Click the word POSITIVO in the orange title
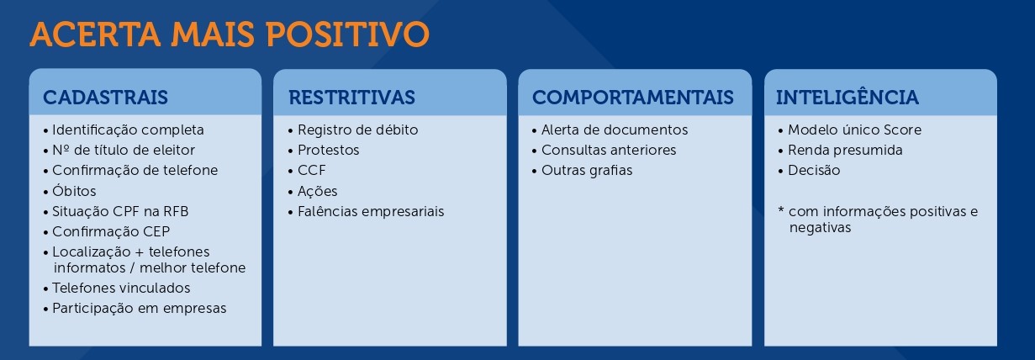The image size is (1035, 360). pos(347,34)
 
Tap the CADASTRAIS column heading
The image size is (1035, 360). pos(105,98)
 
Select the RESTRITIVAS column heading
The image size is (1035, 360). pos(351,98)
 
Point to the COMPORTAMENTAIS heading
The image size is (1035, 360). pos(632,98)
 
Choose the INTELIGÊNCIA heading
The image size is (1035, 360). pos(847,97)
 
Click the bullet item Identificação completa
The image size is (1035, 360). pos(128,130)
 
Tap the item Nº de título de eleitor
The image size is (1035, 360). pos(124,151)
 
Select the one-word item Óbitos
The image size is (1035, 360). pos(74,190)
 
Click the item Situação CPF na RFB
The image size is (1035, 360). pos(120,211)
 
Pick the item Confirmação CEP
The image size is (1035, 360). pos(111,231)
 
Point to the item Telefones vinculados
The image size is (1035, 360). pos(121,288)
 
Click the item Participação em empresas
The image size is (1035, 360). pos(139,308)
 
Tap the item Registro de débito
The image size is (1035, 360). pos(357,130)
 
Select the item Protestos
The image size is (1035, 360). pos(329,151)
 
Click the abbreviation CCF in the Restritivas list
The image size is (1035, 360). pos(312,171)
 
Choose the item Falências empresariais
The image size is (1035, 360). pos(371,211)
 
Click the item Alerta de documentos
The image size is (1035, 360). pos(615,130)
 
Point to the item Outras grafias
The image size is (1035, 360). pos(587,171)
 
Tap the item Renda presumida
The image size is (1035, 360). pos(845,151)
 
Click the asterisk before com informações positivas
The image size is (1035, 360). pos(781,210)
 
